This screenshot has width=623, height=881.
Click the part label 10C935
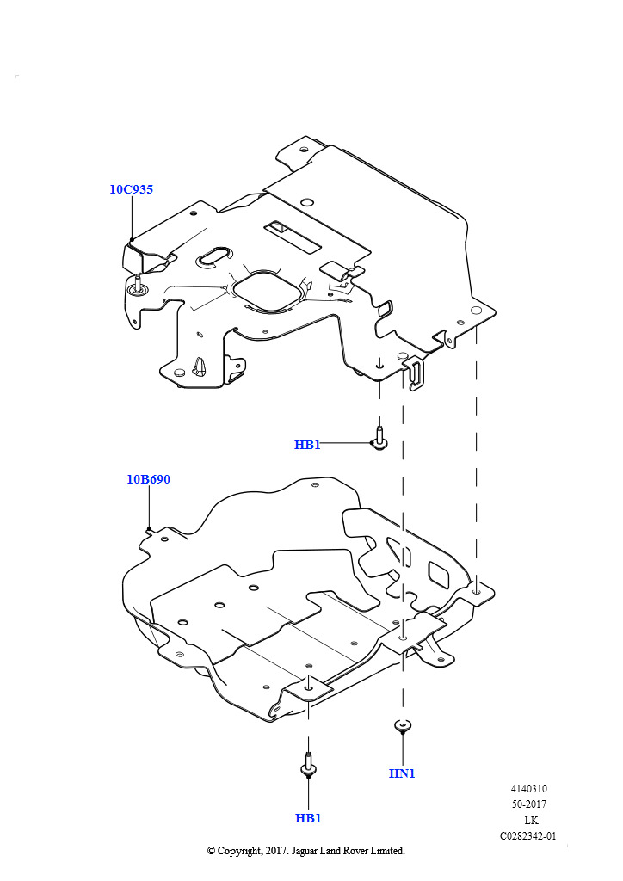coord(131,189)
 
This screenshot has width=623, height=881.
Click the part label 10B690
coord(148,479)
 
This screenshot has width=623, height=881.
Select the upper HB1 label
coord(307,445)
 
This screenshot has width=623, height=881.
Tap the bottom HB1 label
coord(307,818)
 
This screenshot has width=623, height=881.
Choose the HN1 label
coord(402,773)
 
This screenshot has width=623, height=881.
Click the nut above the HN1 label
coord(402,726)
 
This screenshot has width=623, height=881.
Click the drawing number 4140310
coord(528,789)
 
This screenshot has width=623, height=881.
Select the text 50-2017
coord(528,804)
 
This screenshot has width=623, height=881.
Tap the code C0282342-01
coord(528,835)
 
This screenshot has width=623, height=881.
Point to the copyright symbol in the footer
coord(212,851)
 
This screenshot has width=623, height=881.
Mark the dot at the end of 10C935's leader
coord(131,240)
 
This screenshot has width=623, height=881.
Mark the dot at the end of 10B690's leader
coord(149,529)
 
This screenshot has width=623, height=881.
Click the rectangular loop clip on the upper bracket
coord(416,373)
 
